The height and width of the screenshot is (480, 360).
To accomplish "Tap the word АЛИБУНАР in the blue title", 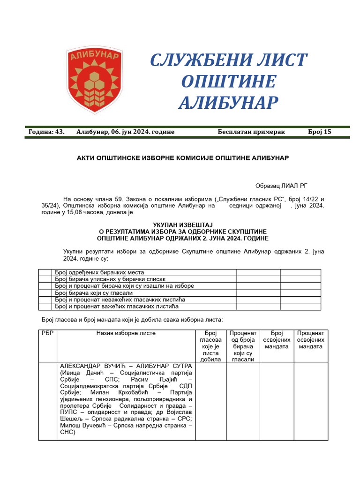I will point(228,102).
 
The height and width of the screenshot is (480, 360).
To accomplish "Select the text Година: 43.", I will point(46,132).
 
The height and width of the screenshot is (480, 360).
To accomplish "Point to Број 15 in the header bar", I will point(320,132).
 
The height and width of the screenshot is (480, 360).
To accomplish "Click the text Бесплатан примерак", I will point(251,132).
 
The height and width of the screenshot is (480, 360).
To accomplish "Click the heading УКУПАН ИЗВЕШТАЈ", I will point(180,225).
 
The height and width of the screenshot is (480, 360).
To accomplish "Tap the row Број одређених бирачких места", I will point(99,272).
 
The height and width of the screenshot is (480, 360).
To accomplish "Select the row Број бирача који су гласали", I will point(94,293).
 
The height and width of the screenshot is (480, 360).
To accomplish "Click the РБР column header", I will point(47,333).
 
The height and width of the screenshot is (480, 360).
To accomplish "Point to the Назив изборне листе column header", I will point(126,333).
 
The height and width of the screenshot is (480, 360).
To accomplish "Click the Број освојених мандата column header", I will point(277,340).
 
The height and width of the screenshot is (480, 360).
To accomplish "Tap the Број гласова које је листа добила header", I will point(210,346).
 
